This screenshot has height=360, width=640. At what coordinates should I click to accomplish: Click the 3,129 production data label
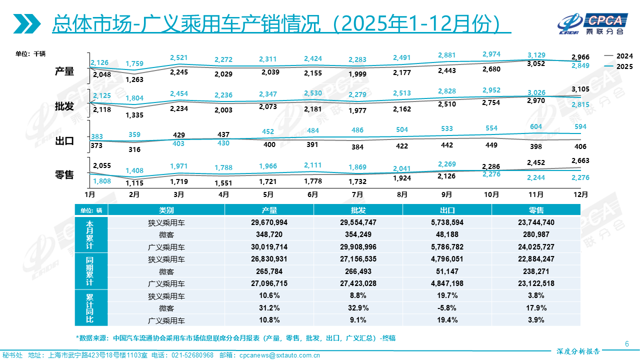point(536,55)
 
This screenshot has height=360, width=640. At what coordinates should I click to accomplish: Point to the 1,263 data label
point(134,79)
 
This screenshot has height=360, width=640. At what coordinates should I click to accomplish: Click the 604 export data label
point(536,126)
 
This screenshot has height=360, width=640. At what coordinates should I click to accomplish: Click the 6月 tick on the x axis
point(313,194)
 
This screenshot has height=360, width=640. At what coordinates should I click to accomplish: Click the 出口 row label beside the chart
point(64,141)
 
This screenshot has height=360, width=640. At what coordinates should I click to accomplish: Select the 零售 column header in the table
point(536,210)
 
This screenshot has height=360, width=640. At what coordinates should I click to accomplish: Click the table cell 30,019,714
point(269,246)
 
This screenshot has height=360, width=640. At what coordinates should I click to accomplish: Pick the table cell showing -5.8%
point(447,308)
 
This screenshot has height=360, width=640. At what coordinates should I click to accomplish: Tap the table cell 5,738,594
point(447,222)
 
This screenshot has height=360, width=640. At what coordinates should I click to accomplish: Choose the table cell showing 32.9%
point(358,308)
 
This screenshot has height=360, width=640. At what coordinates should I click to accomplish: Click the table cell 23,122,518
point(536,283)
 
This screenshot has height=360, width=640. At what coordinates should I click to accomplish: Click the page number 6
point(627,343)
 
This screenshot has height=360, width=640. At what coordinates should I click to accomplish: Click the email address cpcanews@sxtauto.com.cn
point(279,355)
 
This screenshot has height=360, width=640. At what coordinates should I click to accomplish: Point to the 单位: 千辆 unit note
point(30,53)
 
